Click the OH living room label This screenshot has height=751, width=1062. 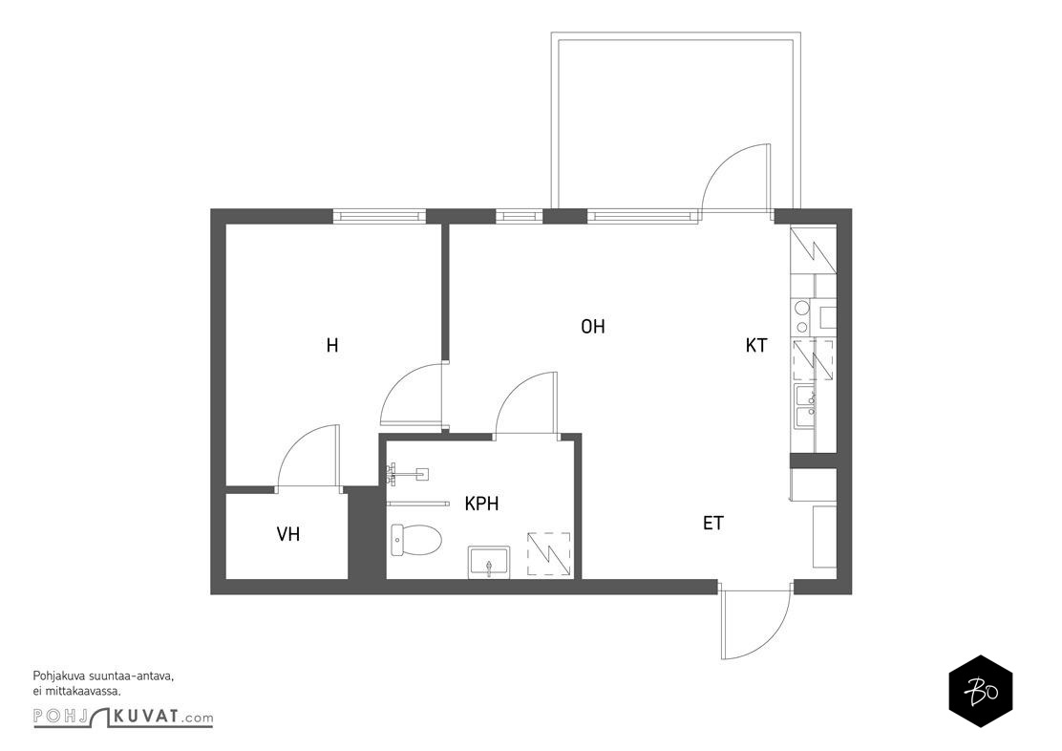[593, 327]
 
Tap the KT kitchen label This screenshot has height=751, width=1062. [756, 346]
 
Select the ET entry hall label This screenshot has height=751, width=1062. [713, 524]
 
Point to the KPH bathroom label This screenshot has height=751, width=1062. [481, 504]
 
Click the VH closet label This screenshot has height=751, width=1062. [287, 534]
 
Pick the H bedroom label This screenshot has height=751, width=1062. [332, 346]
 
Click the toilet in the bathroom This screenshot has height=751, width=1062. [415, 540]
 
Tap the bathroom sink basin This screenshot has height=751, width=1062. [488, 562]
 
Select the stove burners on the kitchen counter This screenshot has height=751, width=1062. [802, 316]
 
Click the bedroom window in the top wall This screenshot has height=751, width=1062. [379, 216]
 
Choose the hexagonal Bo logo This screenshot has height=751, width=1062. [980, 692]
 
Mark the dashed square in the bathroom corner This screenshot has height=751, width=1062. [548, 554]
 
